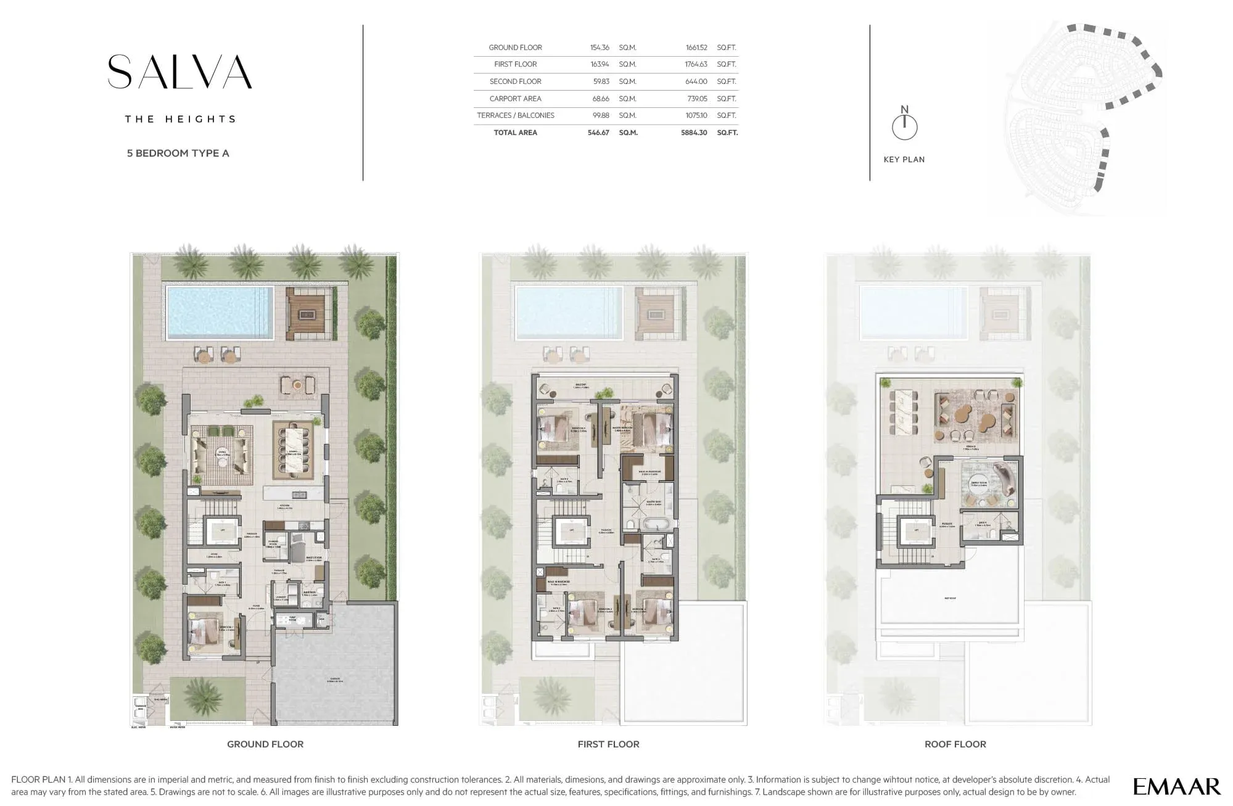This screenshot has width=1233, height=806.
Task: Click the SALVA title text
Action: click(x=179, y=72)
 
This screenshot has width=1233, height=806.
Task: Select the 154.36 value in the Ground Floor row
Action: click(x=599, y=47)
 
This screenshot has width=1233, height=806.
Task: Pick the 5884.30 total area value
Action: click(x=693, y=133)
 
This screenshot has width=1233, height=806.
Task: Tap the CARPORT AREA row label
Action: click(x=515, y=99)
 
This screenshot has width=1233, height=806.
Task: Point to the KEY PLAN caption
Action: click(x=904, y=160)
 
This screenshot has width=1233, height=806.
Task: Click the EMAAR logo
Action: click(x=1176, y=786)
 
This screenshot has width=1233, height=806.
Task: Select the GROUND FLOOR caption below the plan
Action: click(x=265, y=744)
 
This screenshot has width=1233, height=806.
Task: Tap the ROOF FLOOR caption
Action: click(x=955, y=744)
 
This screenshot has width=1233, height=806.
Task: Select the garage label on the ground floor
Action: click(x=336, y=681)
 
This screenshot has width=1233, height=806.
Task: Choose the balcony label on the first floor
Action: click(x=580, y=385)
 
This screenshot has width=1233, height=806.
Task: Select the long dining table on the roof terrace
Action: click(x=902, y=413)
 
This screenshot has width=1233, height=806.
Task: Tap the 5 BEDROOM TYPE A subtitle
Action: click(x=178, y=154)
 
